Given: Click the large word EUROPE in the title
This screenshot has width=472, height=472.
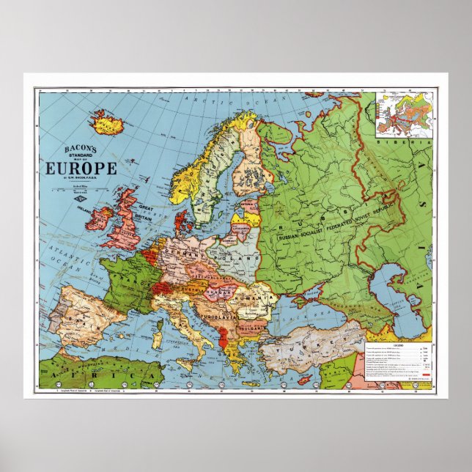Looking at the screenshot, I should [x=81, y=168].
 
